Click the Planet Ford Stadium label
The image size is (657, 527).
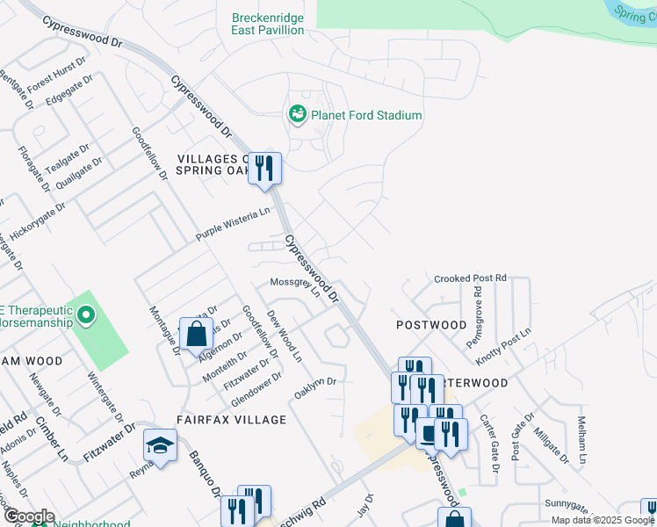pyautogui.click(x=367, y=115)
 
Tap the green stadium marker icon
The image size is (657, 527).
pyautogui.click(x=297, y=114)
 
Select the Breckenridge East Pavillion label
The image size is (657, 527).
pyautogui.click(x=268, y=24)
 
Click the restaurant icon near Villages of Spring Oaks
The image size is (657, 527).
pyautogui.click(x=264, y=167)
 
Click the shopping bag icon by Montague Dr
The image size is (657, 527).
pyautogui.click(x=196, y=334)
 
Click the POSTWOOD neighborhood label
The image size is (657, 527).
pyautogui.click(x=431, y=325)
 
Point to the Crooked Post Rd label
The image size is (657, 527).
pyautogui.click(x=471, y=278)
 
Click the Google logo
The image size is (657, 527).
pyautogui.click(x=28, y=516)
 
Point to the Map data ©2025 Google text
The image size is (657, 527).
pyautogui.click(x=603, y=520)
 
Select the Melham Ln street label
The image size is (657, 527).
pyautogui.click(x=580, y=439)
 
